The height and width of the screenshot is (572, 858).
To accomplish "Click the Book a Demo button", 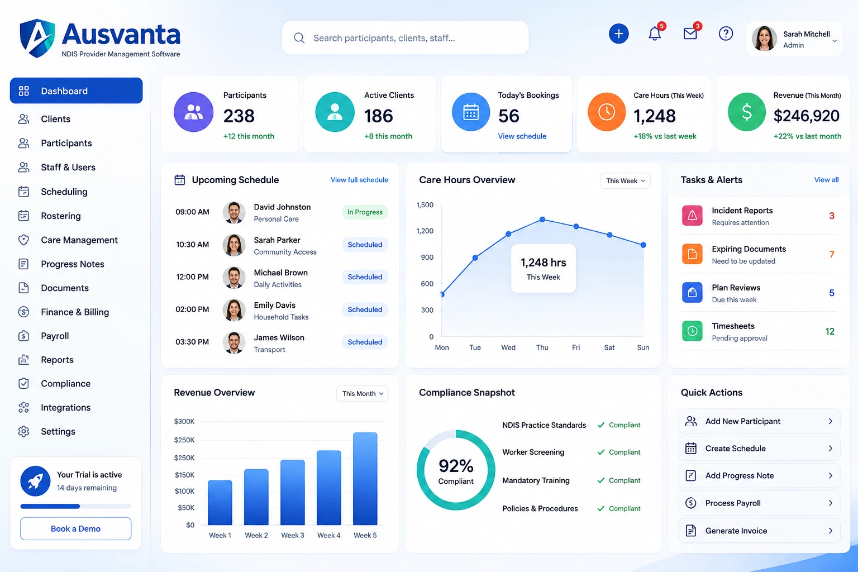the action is point(75,528).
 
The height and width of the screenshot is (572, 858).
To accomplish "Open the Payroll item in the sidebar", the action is point(55,336).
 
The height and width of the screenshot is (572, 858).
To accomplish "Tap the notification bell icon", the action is point(655,34).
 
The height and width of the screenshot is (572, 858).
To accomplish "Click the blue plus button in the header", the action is point(618,34).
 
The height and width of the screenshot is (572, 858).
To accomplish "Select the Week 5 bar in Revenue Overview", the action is point(365,479).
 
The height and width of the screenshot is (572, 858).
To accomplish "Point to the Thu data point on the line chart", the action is point(542,220).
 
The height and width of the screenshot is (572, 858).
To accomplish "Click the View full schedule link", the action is point(359,180).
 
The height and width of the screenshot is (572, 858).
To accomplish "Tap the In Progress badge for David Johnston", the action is point(365,212).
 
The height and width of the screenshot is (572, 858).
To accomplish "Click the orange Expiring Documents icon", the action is point(692,254).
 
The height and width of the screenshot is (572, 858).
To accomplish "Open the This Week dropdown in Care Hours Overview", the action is point(625,181).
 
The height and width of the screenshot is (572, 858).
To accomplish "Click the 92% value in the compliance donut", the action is point(456,466).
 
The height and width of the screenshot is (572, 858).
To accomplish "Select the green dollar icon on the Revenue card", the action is point(746,112).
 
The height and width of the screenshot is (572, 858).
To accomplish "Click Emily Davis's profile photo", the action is point(233,309).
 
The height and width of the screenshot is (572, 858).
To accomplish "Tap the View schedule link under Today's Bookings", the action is point(522,136).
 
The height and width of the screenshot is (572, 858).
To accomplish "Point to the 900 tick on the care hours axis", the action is point(427,257).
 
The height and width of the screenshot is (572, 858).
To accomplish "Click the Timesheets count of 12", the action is point(830,331).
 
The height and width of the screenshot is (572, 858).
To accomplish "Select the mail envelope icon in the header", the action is point(690,34).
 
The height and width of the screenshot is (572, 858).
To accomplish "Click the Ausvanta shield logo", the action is point(37,39).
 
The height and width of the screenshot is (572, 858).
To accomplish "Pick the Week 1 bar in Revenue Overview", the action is point(220,502).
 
